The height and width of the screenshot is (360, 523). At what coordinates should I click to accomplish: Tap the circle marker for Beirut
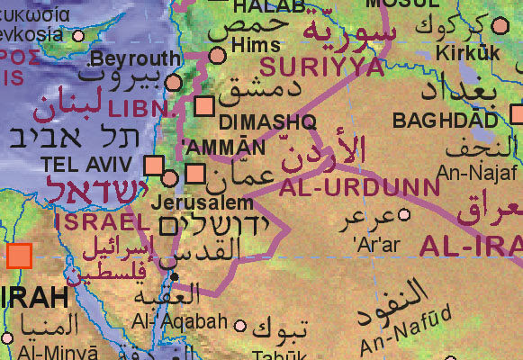pos(174,82)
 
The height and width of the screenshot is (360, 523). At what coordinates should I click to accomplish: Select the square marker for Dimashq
pos(205,104)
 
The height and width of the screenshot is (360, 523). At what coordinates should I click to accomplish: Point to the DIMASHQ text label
pos(255,121)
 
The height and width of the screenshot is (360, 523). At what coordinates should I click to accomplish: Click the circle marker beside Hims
pos(218,56)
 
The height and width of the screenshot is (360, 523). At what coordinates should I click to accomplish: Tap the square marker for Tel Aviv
pos(154,166)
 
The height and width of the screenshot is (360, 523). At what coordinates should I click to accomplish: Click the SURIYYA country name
pos(308,66)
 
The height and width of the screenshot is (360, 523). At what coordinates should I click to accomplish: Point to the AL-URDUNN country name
pos(359,189)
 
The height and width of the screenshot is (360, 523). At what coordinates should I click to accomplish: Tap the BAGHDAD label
pos(445,120)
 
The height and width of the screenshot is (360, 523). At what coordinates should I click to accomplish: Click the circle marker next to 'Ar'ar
pos(404,214)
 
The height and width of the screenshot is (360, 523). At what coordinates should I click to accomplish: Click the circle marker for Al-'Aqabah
pos(239,326)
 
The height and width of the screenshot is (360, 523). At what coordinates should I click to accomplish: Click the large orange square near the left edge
pos(19,256)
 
